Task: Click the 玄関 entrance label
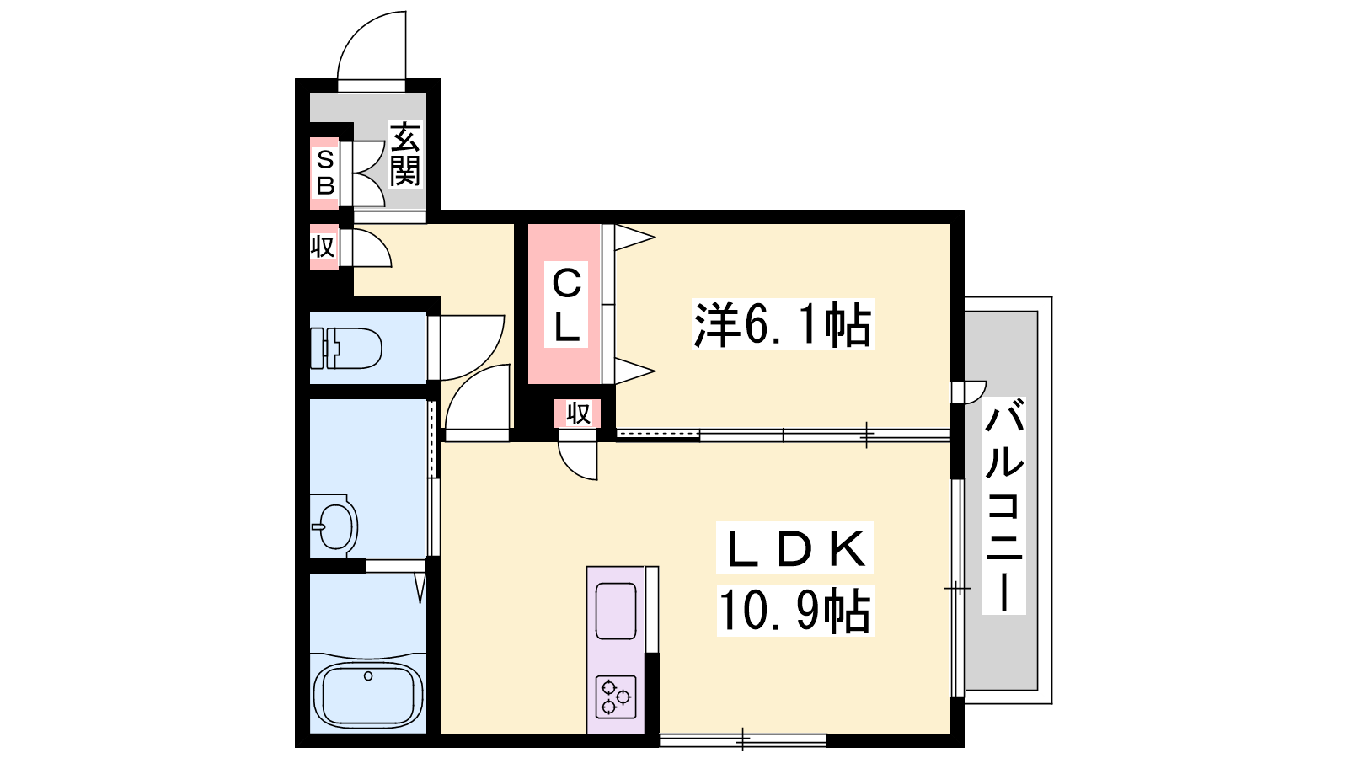404,155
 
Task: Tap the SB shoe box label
325,172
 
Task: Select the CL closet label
566,305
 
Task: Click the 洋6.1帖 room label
783,325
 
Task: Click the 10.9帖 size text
794,611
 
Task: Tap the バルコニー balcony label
1004,505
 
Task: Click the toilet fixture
347,349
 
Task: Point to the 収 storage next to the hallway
323,248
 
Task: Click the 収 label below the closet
578,414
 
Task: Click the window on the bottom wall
742,740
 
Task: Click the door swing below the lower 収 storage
580,460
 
